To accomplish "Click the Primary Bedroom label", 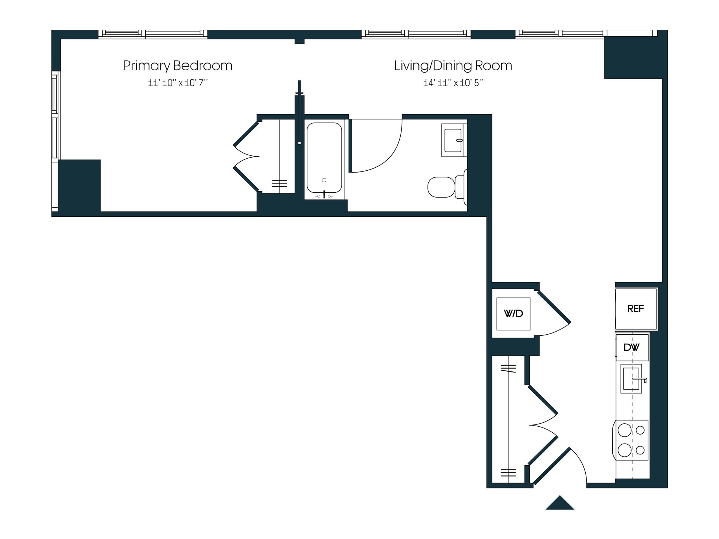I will click(x=178, y=66).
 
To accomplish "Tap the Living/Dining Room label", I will click(x=453, y=66).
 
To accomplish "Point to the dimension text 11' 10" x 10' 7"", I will click(x=178, y=83).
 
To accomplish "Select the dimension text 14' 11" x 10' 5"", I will click(x=453, y=83).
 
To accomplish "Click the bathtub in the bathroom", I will click(x=324, y=157).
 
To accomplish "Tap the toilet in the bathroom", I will click(x=444, y=187).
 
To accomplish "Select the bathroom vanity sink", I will click(x=453, y=140).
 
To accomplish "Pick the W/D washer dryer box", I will click(x=513, y=314).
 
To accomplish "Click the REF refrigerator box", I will click(x=635, y=309).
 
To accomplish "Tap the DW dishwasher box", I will click(x=631, y=347).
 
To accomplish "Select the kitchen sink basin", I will click(x=631, y=378).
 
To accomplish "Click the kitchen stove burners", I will click(x=631, y=440).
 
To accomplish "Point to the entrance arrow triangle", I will click(x=559, y=504).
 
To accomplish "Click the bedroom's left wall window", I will click(x=55, y=116).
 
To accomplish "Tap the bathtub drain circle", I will click(x=324, y=180).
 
